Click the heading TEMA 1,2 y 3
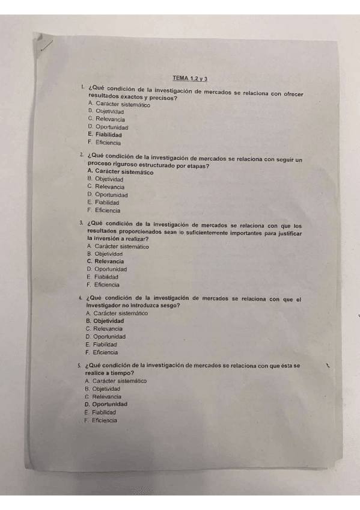coord(189,78)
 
